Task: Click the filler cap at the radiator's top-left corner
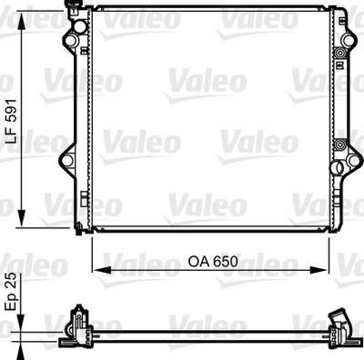click(x=71, y=12)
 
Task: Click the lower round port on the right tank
click(x=339, y=145)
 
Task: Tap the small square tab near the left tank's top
click(x=83, y=51)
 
